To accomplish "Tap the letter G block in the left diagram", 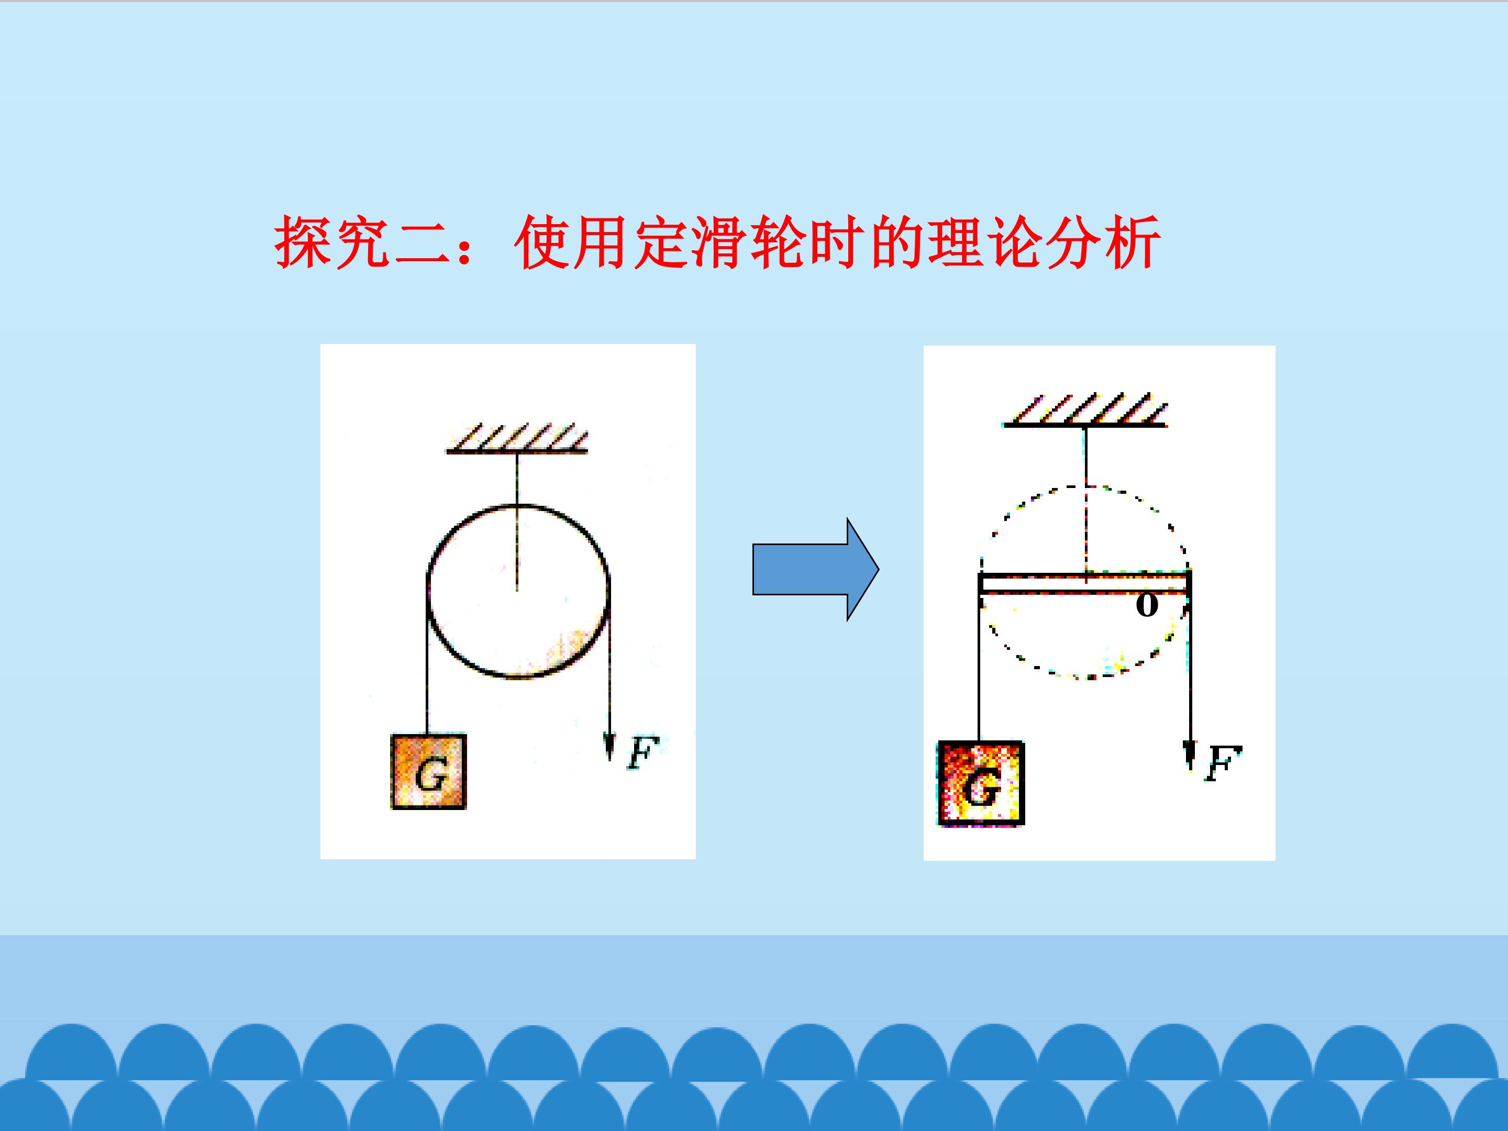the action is point(429,772).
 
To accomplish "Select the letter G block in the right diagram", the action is point(981,783).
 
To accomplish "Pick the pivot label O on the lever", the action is point(1147,605).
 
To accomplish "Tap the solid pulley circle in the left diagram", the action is point(427,591).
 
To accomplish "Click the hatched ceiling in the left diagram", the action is point(517,438).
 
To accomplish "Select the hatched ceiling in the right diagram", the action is point(1085,409).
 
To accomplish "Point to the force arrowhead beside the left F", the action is point(609,747).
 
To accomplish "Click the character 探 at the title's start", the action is point(303,242).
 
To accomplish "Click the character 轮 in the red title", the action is point(779,242).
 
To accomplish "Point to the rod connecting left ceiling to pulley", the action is point(517,522).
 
